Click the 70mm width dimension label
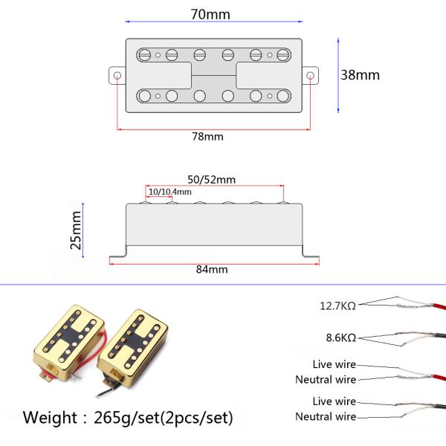pyautogui.click(x=210, y=15)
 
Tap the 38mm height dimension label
pyautogui.click(x=360, y=75)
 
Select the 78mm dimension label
pyautogui.click(x=207, y=137)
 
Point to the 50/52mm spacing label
pyautogui.click(x=212, y=180)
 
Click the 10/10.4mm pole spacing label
pyautogui.click(x=170, y=192)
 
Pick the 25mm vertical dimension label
pyautogui.click(x=76, y=230)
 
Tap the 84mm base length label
pyautogui.click(x=212, y=269)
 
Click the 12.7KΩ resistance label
pyautogui.click(x=338, y=306)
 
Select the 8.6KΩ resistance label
pyautogui.click(x=341, y=337)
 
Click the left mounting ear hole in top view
pyautogui.click(x=117, y=76)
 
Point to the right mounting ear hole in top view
pyautogui.click(x=310, y=76)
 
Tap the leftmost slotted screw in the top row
pyautogui.click(x=144, y=55)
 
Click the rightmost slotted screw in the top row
pyautogui.click(x=283, y=55)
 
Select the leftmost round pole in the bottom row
pyautogui.click(x=144, y=96)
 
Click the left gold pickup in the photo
pyautogui.click(x=68, y=341)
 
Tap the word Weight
pyautogui.click(x=50, y=418)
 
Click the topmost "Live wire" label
pyautogui.click(x=334, y=364)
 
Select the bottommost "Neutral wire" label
pyautogui.click(x=326, y=417)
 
